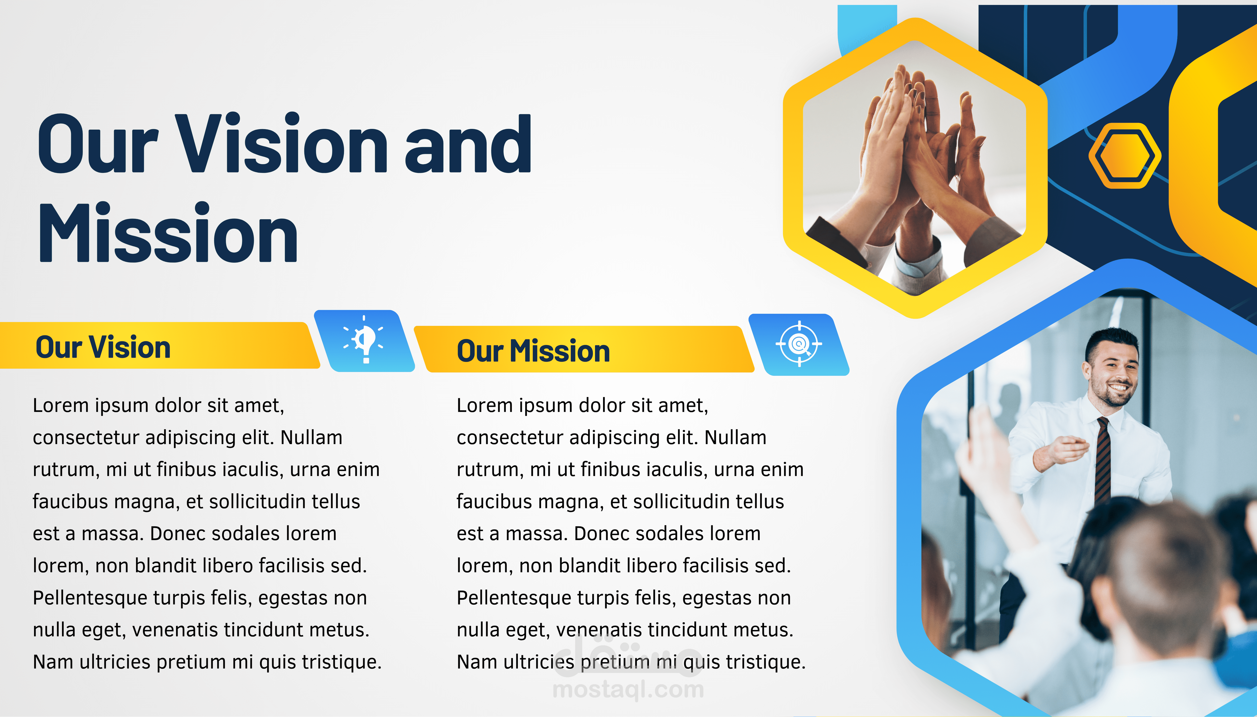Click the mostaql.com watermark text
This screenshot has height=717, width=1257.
628,689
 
